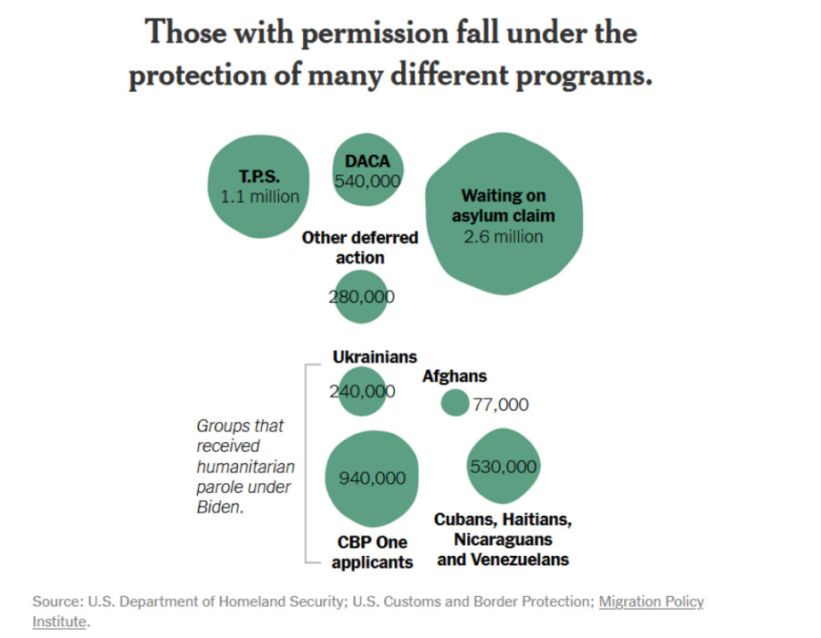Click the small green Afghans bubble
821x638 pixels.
(454, 402)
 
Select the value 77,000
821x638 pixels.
(501, 405)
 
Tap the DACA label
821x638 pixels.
(367, 161)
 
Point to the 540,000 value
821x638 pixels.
(368, 181)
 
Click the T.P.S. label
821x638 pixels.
(259, 177)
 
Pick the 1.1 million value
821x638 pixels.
(260, 197)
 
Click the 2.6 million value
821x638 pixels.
(503, 236)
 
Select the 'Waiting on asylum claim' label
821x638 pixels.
(503, 206)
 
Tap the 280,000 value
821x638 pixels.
(361, 296)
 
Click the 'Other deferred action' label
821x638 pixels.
(359, 247)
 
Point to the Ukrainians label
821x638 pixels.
(374, 356)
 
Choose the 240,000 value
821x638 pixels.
(362, 392)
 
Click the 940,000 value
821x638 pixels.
(372, 478)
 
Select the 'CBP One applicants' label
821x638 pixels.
(372, 552)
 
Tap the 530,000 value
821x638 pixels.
(503, 467)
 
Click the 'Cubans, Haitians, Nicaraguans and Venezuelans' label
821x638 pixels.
(503, 539)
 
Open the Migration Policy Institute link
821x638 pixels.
(650, 602)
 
